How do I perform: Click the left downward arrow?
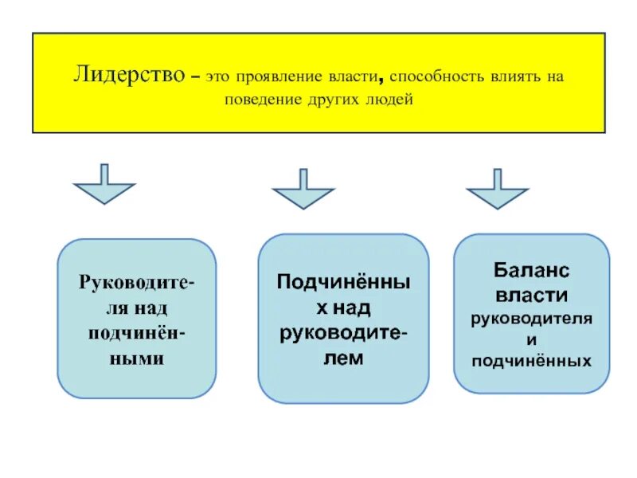(x=104, y=184)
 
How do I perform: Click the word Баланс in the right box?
(x=532, y=271)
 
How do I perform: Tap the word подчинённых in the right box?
(x=532, y=362)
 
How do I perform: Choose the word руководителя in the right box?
(x=532, y=319)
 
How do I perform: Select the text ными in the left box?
(x=137, y=358)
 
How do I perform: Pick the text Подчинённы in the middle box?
(x=344, y=282)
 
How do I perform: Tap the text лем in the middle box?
(x=344, y=358)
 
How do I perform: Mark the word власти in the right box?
(x=532, y=296)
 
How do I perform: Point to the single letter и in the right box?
(x=532, y=340)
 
